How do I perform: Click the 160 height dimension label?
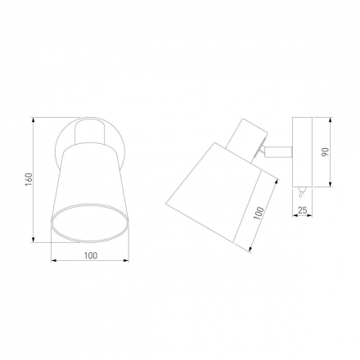[x=29, y=179]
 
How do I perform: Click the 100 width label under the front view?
[x=91, y=255]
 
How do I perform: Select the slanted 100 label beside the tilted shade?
[x=259, y=214]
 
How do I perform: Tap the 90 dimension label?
[x=325, y=152]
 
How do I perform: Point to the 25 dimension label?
[x=303, y=210]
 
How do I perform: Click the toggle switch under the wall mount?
[x=301, y=191]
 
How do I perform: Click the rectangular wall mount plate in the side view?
[x=302, y=152]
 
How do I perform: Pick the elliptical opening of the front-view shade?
[x=90, y=223]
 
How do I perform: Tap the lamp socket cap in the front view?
[x=90, y=132]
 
